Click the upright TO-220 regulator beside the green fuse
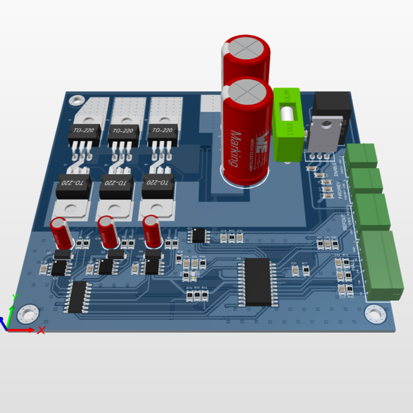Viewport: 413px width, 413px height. tap(324, 130)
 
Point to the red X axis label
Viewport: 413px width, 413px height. tap(41, 330)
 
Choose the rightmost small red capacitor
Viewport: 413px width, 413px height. tap(152, 230)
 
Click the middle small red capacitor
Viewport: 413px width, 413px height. tap(107, 231)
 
